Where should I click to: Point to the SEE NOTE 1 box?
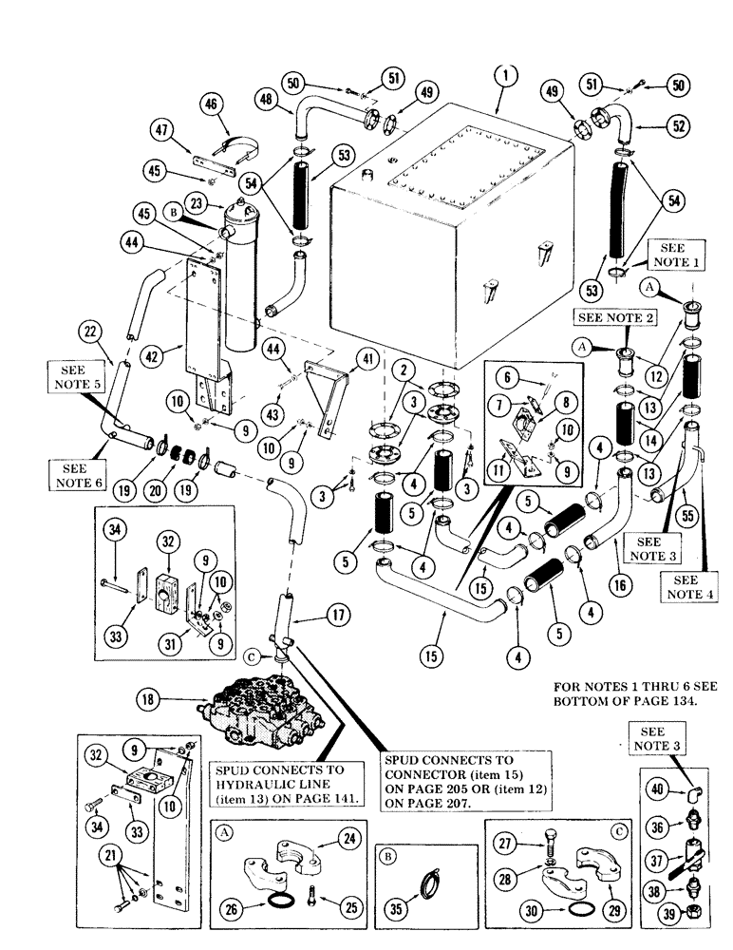[x=676, y=254]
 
